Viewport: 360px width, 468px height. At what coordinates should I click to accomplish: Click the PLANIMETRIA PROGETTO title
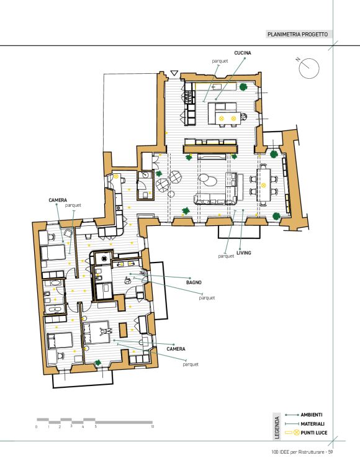(x=297, y=34)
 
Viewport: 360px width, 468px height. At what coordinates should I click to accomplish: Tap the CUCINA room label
(x=243, y=53)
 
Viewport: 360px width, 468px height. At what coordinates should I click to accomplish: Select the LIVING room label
(x=243, y=253)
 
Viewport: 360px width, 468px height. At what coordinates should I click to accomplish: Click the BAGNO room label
(x=194, y=282)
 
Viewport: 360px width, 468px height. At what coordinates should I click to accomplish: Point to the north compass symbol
(x=308, y=68)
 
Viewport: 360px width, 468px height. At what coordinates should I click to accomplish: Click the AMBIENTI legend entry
(x=312, y=415)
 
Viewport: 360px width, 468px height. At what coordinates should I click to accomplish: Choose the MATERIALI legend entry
(x=313, y=424)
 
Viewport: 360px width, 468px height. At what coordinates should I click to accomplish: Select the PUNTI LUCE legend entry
(x=314, y=433)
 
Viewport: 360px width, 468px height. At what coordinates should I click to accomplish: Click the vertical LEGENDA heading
(x=277, y=428)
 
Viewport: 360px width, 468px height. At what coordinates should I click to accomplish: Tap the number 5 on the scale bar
(x=96, y=426)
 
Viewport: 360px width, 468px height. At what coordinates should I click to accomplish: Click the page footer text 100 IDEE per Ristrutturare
(x=297, y=452)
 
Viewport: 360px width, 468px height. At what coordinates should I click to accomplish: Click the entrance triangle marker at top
(x=174, y=73)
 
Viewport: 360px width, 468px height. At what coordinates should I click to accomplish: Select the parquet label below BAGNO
(x=207, y=298)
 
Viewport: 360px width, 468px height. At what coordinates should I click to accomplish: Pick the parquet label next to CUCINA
(x=220, y=61)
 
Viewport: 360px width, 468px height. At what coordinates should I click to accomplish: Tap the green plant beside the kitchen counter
(x=243, y=87)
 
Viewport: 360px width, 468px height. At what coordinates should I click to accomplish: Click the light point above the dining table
(x=263, y=185)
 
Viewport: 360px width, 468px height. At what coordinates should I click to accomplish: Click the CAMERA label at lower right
(x=176, y=349)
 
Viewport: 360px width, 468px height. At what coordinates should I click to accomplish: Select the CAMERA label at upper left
(x=58, y=200)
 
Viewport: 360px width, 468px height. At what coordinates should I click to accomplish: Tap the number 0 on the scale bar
(x=37, y=427)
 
